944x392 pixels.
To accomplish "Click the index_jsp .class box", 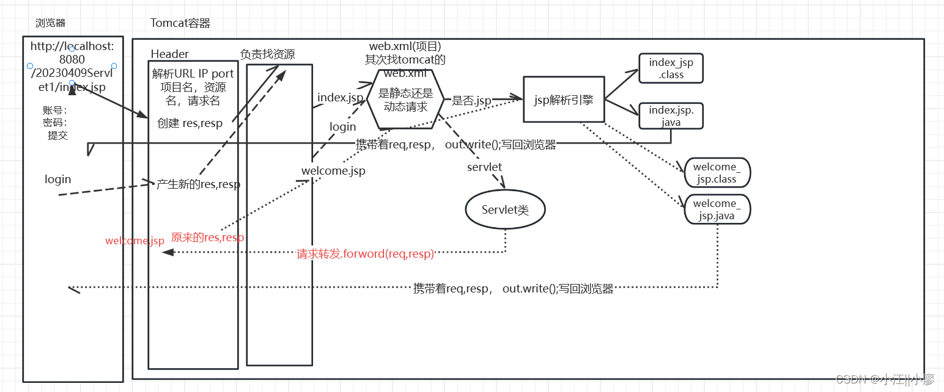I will click(x=671, y=68).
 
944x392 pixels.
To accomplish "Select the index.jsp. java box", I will click(x=671, y=116).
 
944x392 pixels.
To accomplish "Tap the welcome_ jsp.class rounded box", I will click(x=717, y=173).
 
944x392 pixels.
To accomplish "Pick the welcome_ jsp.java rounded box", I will click(x=717, y=209).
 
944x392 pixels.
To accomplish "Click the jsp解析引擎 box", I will click(x=564, y=100).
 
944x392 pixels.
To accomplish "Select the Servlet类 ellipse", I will click(x=505, y=210).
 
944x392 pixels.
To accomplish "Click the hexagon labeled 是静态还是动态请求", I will click(x=405, y=100).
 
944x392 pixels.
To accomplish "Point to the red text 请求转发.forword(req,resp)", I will click(x=366, y=254).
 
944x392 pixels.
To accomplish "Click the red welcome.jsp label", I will click(x=135, y=241).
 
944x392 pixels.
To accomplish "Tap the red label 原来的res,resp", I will click(x=207, y=238).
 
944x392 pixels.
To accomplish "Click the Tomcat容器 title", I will click(x=180, y=23).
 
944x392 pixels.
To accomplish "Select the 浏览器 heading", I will click(x=51, y=23).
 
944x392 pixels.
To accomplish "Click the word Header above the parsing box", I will click(x=170, y=54).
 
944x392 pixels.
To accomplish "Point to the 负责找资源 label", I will click(x=267, y=54).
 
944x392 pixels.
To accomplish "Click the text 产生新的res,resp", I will click(x=198, y=184).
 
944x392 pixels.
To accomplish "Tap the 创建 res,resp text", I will click(x=190, y=123).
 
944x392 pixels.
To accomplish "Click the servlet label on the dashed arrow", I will click(x=484, y=167).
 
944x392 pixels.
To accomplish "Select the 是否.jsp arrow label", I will click(x=471, y=101).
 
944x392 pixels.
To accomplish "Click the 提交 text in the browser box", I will click(x=57, y=136).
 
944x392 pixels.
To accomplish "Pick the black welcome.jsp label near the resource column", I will click(x=333, y=170).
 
